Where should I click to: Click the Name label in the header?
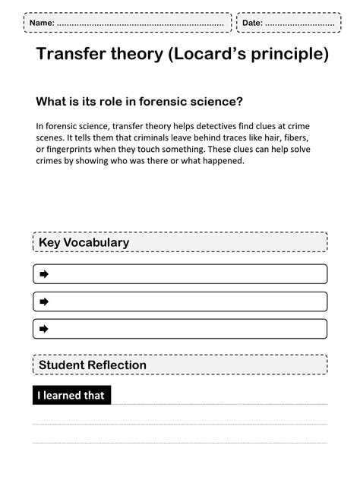41,23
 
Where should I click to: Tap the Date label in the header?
252,23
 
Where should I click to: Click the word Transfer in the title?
75,55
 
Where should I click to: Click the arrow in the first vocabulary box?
44,274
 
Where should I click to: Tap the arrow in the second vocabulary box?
44,302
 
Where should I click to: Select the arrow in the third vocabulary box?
44,329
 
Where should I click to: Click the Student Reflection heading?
93,365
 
